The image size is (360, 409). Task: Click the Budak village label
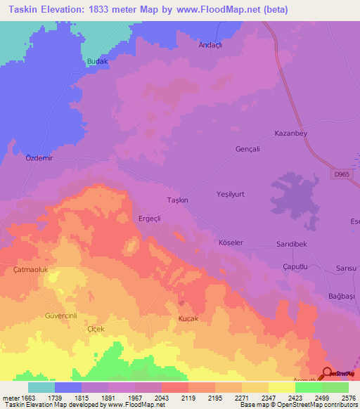click(x=97, y=62)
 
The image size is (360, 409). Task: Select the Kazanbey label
click(x=290, y=133)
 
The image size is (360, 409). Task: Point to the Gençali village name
click(x=247, y=149)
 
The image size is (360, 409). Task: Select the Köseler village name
click(x=231, y=242)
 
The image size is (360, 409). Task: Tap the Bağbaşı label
click(x=342, y=297)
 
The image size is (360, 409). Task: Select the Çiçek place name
click(x=94, y=329)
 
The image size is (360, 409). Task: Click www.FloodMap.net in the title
click(x=222, y=11)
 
